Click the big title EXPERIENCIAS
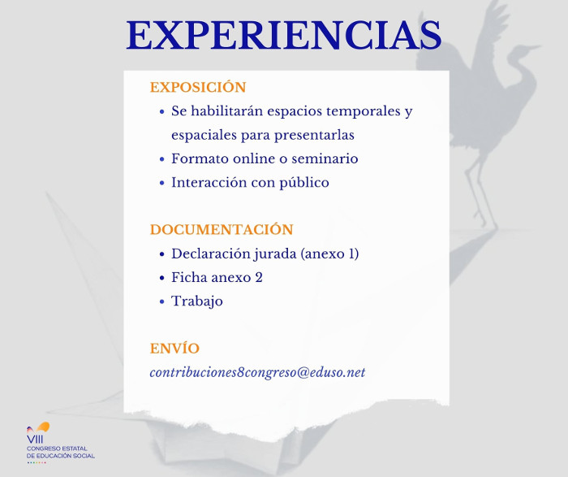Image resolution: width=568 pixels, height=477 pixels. (284, 35)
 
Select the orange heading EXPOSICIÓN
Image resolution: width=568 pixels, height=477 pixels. (198, 87)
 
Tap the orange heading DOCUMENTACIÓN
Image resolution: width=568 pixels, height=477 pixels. (222, 229)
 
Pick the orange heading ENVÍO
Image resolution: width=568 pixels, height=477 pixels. (174, 349)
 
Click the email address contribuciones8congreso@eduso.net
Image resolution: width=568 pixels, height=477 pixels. (257, 372)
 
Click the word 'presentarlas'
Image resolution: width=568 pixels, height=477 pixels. (314, 136)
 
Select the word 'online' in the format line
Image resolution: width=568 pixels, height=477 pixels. (257, 158)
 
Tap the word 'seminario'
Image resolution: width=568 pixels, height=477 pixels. (325, 158)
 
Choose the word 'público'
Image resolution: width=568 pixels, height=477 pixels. (304, 183)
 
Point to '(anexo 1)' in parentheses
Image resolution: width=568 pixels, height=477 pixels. (329, 254)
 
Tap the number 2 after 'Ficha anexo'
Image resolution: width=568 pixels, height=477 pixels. (259, 277)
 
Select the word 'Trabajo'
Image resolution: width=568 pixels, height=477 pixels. (197, 301)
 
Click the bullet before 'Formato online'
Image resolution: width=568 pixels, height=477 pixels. (162, 159)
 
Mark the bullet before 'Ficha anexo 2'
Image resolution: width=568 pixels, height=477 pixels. (162, 278)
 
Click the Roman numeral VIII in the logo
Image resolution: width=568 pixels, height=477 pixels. (35, 440)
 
